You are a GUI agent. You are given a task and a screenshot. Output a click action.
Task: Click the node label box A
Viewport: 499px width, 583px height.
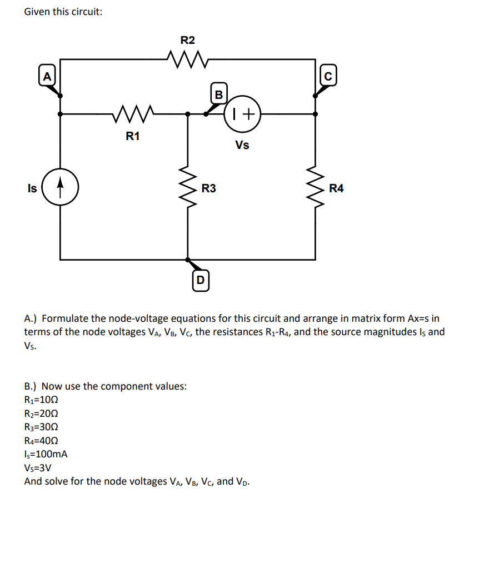point(47,76)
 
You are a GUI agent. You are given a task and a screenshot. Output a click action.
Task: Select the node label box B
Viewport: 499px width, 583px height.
point(218,94)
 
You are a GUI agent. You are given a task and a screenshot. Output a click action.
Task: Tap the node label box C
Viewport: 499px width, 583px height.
point(328,76)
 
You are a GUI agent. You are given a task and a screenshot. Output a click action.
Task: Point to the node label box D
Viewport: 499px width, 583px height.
point(201,280)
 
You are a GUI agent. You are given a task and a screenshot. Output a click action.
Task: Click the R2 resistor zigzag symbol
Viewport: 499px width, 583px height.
point(187,58)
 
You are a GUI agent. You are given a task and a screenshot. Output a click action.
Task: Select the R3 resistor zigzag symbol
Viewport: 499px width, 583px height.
point(187,187)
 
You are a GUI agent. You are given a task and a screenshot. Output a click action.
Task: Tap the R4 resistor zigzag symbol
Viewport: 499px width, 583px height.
point(316,187)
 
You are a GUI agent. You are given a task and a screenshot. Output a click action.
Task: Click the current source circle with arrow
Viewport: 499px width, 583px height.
point(60,187)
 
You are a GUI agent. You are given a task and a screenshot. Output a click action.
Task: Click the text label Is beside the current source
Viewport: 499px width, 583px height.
point(32,188)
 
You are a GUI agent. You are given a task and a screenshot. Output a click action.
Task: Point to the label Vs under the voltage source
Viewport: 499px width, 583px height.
point(242,146)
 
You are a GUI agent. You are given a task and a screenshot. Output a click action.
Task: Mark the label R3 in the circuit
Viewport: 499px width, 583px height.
point(209,188)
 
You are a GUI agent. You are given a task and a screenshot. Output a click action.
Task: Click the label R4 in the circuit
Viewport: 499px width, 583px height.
point(336,188)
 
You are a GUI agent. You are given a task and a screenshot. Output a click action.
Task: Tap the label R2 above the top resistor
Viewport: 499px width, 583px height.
point(188,40)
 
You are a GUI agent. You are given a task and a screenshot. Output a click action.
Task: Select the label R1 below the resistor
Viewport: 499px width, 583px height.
point(132,136)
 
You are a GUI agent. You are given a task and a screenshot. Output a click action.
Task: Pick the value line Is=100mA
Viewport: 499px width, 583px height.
point(46,454)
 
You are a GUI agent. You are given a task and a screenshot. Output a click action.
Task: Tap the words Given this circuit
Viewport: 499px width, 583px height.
point(63,12)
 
